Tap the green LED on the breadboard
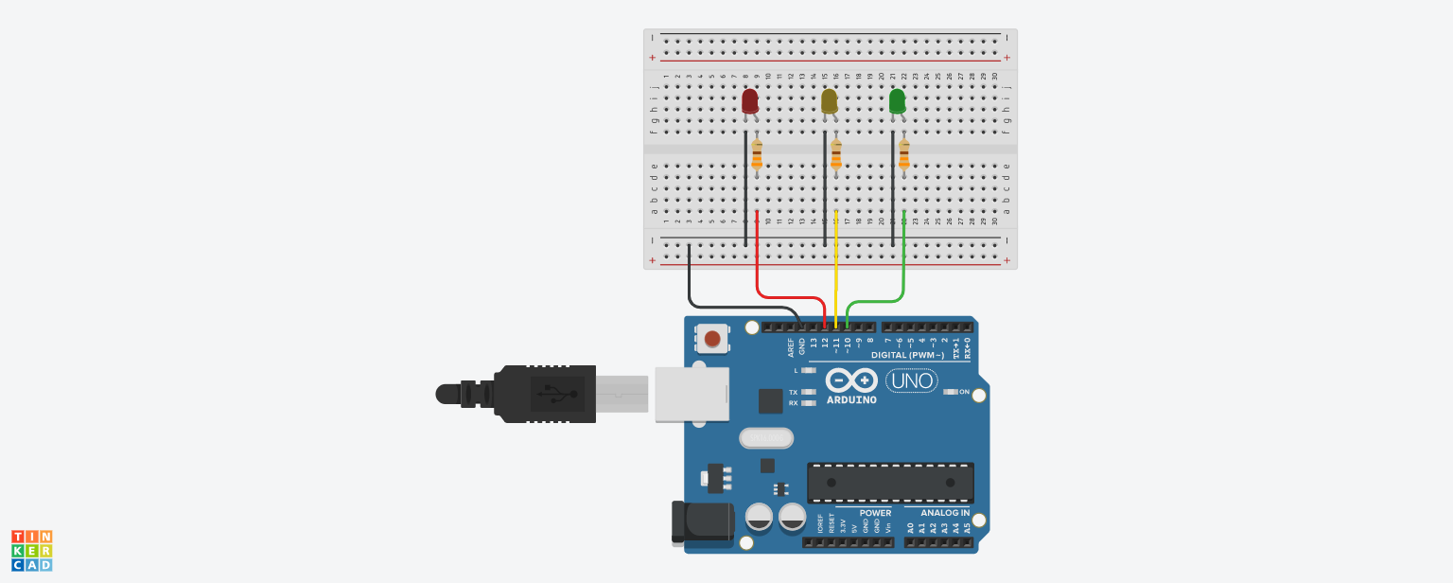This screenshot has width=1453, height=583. (898, 100)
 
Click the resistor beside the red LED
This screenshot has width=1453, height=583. (757, 154)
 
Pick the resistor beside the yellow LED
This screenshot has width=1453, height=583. (836, 154)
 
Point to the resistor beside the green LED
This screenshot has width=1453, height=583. (904, 154)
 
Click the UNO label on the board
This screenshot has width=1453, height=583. (911, 381)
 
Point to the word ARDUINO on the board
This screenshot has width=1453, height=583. (851, 399)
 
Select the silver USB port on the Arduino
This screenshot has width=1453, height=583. (691, 393)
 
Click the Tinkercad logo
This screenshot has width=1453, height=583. (32, 551)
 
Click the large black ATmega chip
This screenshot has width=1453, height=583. (890, 483)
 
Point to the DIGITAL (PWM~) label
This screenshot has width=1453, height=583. (907, 356)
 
